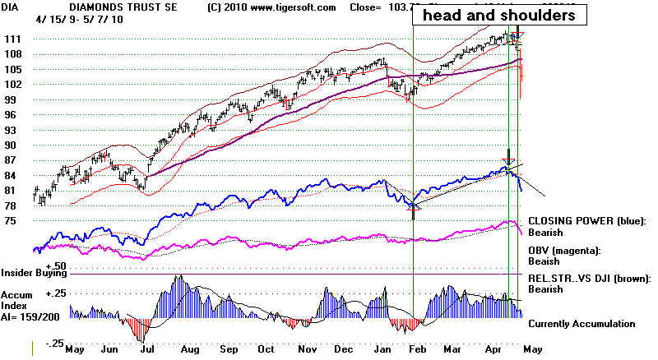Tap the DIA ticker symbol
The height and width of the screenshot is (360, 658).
pyautogui.click(x=11, y=7)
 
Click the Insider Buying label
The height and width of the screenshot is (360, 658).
pyautogui.click(x=33, y=271)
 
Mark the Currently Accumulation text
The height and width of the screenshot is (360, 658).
pyautogui.click(x=582, y=324)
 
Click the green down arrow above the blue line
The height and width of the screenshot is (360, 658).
pyautogui.click(x=509, y=155)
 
